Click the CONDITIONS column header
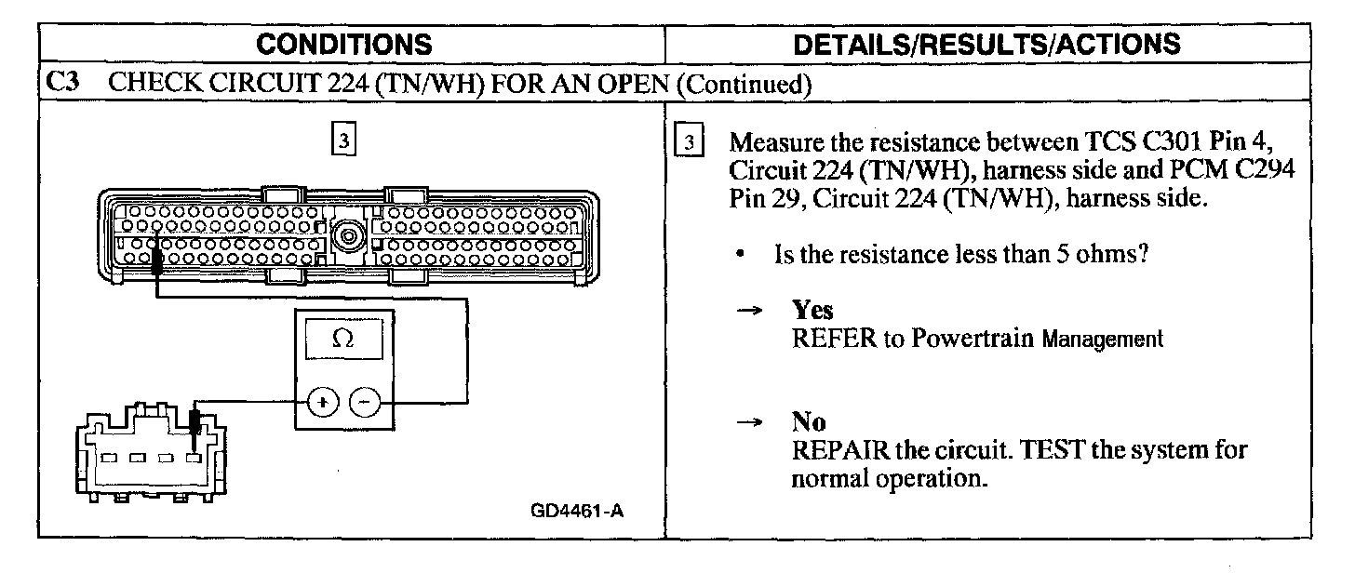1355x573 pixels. pos(343,44)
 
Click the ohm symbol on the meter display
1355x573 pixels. pos(342,340)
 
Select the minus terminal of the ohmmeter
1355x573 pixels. pos(364,403)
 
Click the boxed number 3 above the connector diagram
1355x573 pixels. pos(343,141)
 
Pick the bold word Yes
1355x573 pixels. pos(812,310)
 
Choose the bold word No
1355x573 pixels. pos(808,422)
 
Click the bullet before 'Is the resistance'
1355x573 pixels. pos(737,254)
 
